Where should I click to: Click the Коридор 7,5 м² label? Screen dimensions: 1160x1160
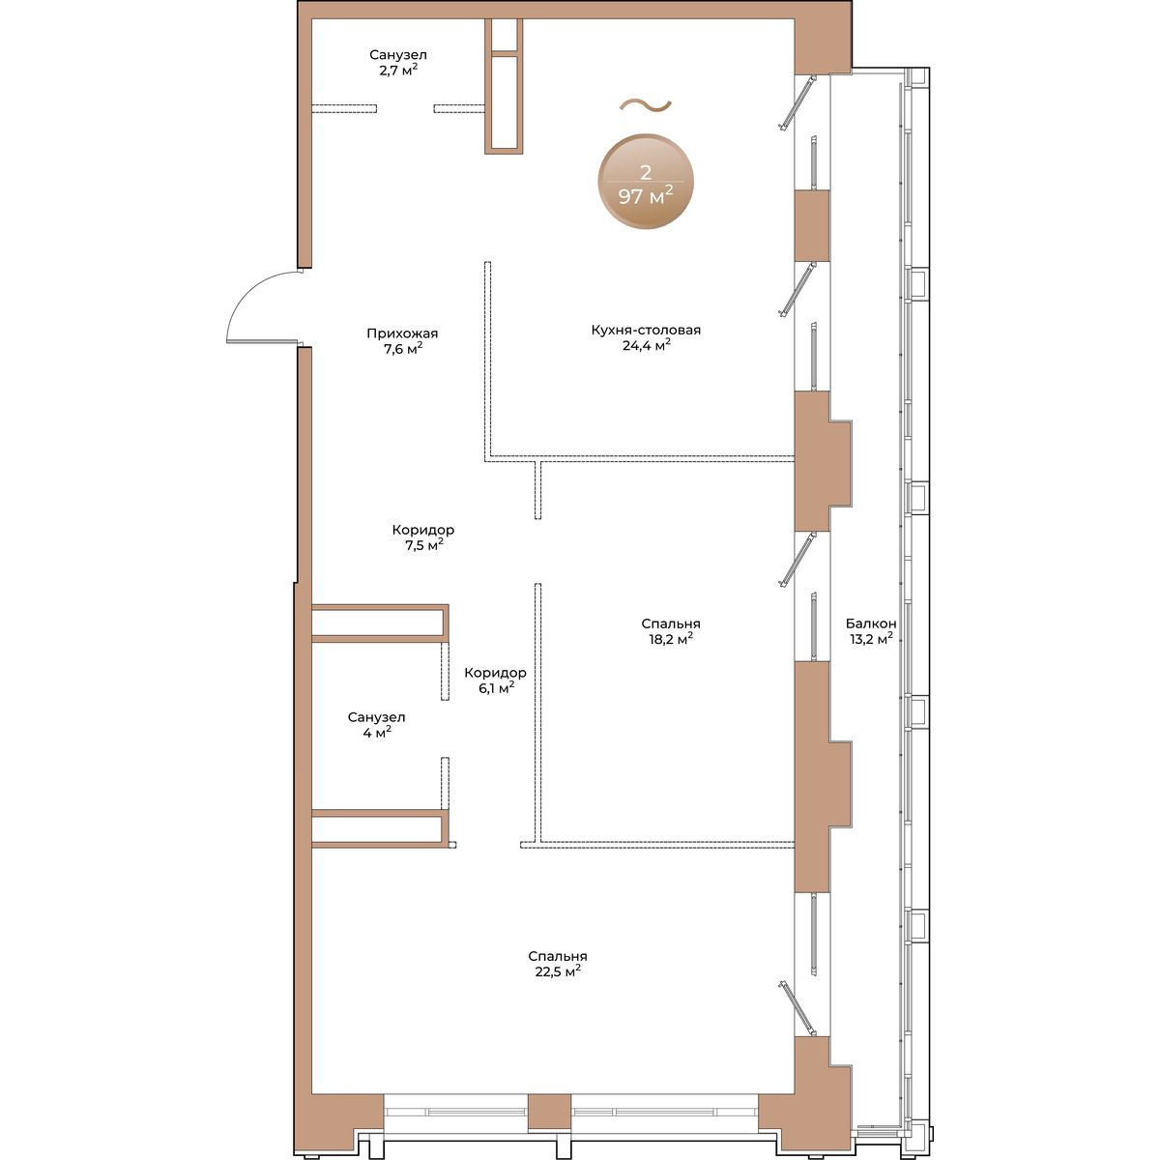click(x=423, y=536)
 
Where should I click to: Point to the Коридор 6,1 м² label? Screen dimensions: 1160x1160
click(x=496, y=681)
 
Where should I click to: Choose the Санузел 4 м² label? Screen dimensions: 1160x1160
click(x=376, y=725)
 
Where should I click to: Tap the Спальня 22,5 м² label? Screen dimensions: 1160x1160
click(x=558, y=965)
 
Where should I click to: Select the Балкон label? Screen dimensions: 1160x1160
click(x=870, y=623)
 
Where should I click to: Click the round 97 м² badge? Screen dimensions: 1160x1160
click(x=646, y=182)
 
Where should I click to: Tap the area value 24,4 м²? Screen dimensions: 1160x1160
click(x=647, y=345)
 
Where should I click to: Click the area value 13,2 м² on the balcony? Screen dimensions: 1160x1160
click(x=871, y=638)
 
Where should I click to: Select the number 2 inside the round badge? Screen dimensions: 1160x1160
click(x=646, y=173)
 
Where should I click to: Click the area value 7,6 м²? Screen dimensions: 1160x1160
click(x=403, y=349)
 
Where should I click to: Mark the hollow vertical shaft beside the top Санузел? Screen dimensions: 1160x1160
click(x=504, y=86)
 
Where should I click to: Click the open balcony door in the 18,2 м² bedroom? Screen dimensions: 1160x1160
click(x=797, y=560)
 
